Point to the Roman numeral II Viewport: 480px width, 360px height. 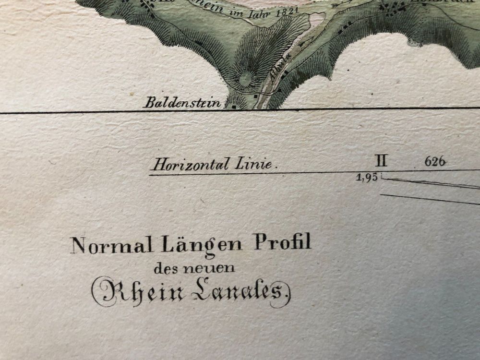tap(383, 161)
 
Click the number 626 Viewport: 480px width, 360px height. tap(435, 162)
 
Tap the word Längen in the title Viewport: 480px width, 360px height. tap(203, 243)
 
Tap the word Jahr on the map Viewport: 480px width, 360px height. tap(259, 12)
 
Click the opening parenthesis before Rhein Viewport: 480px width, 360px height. tap(96, 292)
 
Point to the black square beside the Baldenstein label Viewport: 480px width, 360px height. tap(234, 107)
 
